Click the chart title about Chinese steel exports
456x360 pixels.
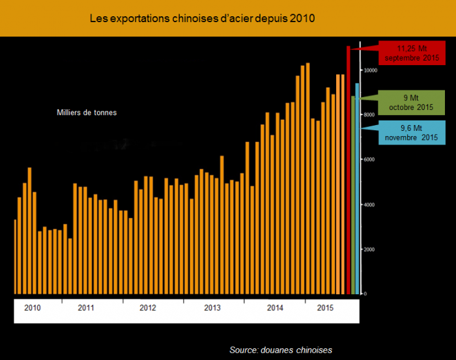202,19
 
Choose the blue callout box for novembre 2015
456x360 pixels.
410,133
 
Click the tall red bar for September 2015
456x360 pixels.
349,169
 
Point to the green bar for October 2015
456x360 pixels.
353,195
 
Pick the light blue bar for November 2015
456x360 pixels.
357,189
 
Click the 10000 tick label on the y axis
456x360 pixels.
370,70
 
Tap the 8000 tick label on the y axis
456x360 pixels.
369,115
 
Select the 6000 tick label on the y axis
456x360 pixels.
369,160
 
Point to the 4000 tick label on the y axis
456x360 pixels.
369,205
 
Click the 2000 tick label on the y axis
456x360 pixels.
369,250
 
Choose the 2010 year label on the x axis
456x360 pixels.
33,307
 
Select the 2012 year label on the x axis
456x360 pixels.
148,307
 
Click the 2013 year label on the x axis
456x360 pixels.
212,307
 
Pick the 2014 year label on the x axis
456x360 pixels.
276,307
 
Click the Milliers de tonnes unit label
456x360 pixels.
87,113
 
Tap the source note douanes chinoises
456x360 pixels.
281,350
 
